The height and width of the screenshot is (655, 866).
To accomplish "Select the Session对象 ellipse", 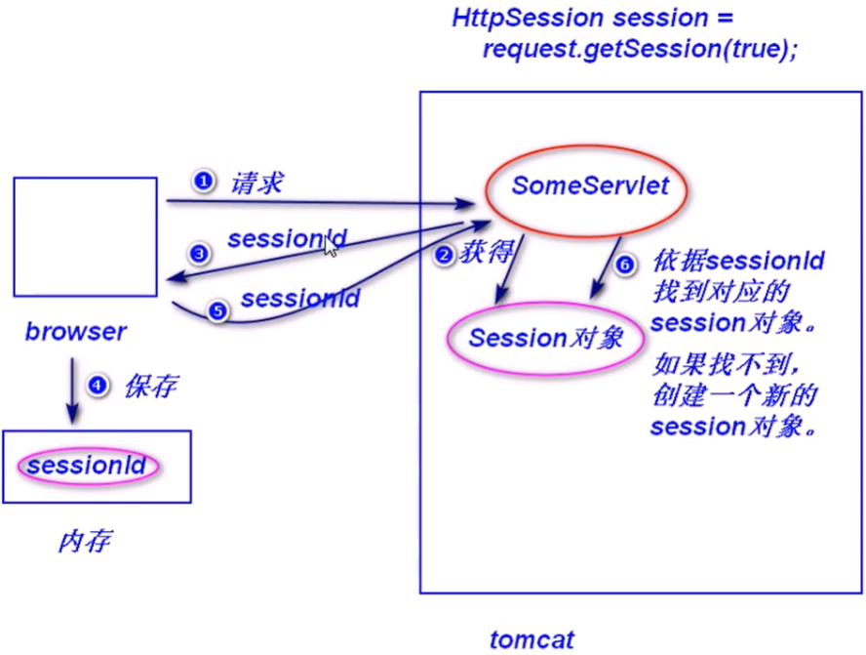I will (544, 339).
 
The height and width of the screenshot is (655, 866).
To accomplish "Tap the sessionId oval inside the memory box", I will (87, 466).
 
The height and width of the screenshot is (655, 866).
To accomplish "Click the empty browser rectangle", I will (85, 237).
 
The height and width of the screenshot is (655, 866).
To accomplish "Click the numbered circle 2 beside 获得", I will (443, 256).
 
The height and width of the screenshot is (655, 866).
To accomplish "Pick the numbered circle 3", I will (199, 255).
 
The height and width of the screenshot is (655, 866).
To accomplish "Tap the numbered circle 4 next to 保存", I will (97, 386).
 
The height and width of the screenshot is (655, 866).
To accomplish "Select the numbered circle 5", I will (217, 310).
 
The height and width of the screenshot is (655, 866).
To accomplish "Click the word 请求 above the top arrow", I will (256, 183).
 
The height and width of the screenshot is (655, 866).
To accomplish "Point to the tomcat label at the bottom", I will (531, 640).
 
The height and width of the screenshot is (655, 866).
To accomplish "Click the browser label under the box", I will (76, 332).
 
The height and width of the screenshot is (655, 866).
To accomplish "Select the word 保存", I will (149, 387).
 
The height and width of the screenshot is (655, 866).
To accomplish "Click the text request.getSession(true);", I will (639, 49).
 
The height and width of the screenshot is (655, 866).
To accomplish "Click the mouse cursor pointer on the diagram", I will (331, 246).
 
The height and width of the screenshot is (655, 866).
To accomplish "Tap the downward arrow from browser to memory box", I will (72, 390).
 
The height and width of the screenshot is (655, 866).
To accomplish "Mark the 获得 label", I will (486, 254).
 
